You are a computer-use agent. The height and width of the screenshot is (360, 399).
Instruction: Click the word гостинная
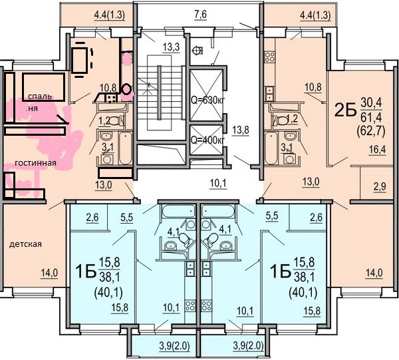point(35,162)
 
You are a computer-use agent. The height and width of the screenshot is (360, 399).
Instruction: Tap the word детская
point(25,244)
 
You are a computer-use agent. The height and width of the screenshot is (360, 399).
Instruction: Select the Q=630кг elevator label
point(207,100)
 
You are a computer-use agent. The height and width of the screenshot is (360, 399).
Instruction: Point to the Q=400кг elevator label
point(207,140)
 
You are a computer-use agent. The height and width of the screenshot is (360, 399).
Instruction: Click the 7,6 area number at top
point(201,15)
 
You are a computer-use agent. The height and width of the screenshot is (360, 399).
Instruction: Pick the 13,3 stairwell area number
point(172,47)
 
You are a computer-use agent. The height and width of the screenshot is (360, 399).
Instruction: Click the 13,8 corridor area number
point(241,130)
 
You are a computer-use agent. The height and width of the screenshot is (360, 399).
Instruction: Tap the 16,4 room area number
point(378,150)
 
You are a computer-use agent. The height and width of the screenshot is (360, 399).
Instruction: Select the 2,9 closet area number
point(380,186)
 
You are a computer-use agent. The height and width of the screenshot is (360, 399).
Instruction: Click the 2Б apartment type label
point(344,110)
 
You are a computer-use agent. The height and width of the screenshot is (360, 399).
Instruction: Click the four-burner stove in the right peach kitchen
point(269,57)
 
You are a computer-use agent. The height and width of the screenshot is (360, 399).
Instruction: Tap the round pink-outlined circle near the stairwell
point(127,89)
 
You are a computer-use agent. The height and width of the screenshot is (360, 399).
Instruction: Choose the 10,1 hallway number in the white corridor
point(218,183)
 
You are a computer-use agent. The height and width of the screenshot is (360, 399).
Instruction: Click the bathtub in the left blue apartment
point(178,212)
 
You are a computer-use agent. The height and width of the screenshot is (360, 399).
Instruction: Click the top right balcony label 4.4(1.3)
point(315,16)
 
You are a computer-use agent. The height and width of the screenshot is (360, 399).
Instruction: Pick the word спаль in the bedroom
point(40,96)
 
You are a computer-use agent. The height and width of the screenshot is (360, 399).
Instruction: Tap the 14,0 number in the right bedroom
point(374,273)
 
